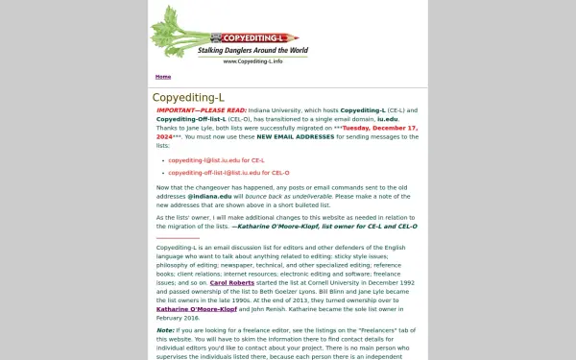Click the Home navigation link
163,77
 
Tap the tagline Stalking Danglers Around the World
252,50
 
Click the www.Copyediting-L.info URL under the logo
252,61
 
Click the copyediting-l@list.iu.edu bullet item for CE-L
216,160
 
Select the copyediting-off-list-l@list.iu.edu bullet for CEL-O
228,173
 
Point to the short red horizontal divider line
178,237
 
